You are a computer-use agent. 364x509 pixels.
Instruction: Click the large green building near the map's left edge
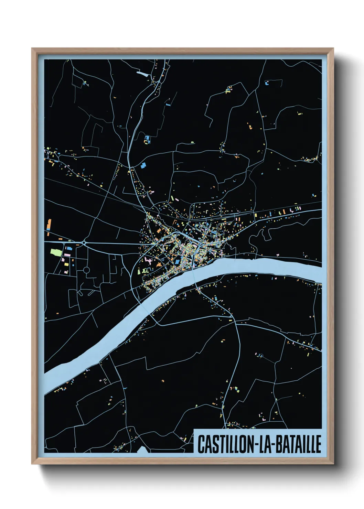tap(56, 252)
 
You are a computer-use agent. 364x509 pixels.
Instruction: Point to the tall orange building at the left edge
tap(49, 224)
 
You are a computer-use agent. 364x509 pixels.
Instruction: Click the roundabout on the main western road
tap(84, 243)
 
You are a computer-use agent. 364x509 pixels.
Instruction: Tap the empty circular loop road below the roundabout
tap(86, 270)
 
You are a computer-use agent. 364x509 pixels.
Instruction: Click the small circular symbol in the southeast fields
tap(261, 356)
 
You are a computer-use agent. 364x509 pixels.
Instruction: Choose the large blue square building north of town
tap(143, 165)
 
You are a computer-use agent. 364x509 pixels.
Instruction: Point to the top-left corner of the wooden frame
tap(32, 49)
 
